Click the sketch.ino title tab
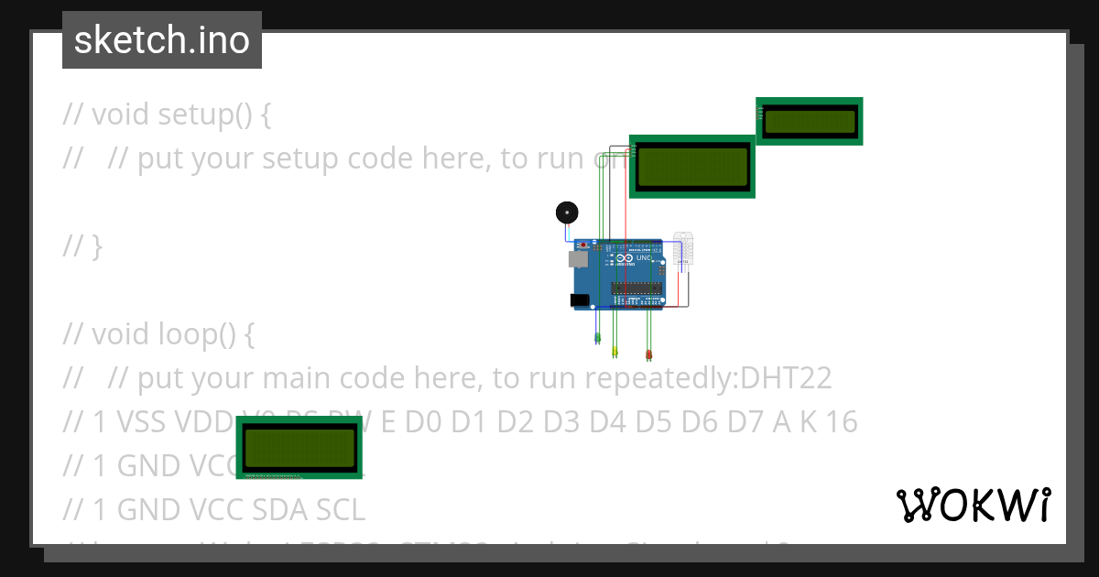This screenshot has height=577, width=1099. [x=162, y=40]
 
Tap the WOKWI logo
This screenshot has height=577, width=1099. [x=973, y=505]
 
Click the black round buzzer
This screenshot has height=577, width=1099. [x=568, y=213]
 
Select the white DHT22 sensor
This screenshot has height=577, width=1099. [x=683, y=248]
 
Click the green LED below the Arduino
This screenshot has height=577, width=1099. [x=597, y=338]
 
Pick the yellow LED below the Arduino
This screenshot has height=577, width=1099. [x=615, y=351]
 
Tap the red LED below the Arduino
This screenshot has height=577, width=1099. [x=648, y=354]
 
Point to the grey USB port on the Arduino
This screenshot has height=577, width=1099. [x=577, y=259]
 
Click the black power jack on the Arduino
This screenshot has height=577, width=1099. [x=579, y=299]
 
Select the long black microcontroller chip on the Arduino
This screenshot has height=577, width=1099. [x=637, y=288]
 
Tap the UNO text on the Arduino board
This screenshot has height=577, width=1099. [x=644, y=259]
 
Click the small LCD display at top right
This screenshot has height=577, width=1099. [x=809, y=121]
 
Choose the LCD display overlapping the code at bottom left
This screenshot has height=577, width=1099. [x=299, y=446]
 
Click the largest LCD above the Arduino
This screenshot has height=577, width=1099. [x=691, y=166]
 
